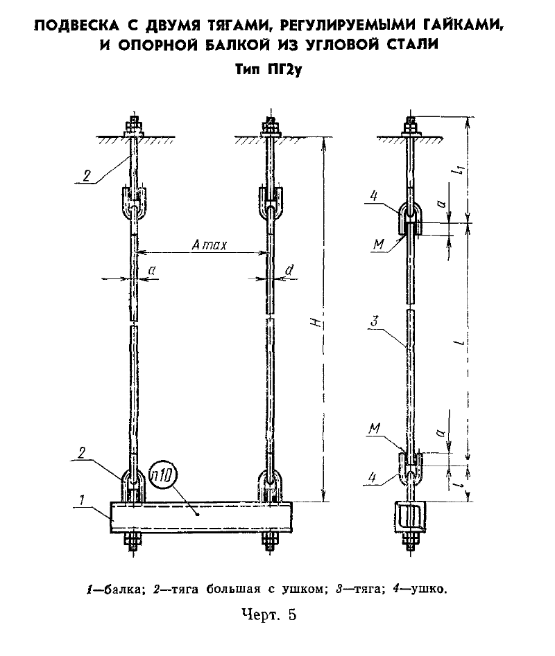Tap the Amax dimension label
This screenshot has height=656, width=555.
click(210, 245)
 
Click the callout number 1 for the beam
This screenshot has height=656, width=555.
click(82, 499)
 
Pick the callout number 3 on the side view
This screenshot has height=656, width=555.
click(375, 321)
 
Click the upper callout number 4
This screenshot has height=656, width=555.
click(374, 195)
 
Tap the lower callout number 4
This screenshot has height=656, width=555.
click(373, 477)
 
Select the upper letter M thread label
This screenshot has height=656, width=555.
click(379, 244)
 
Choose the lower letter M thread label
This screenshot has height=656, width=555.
click(375, 428)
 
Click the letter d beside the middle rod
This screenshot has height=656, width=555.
click(289, 270)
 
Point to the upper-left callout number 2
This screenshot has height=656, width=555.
click(86, 175)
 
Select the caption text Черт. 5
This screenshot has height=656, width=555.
click(269, 615)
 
